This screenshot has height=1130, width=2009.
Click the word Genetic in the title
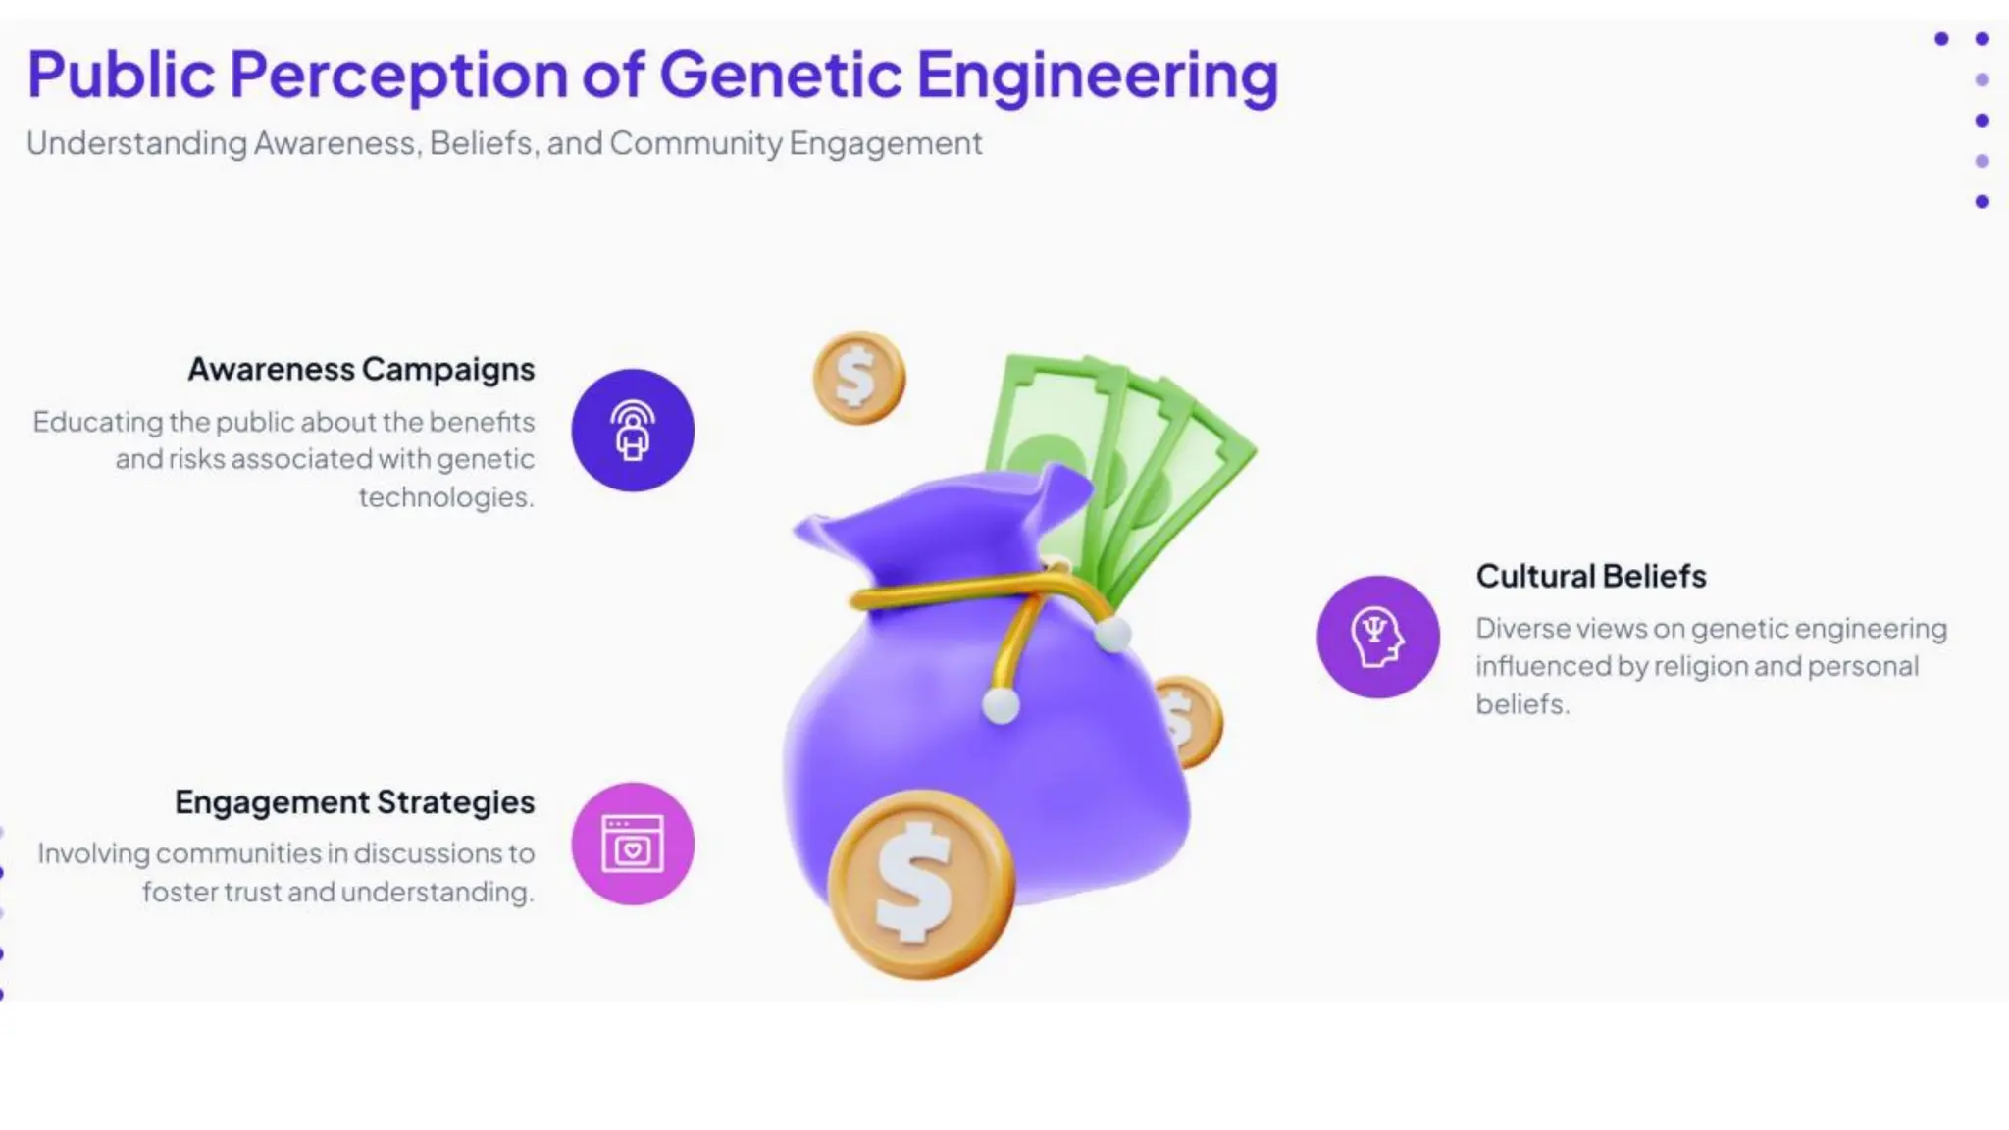click(780, 76)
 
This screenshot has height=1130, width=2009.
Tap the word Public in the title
click(121, 76)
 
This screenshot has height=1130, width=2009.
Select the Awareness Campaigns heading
click(361, 370)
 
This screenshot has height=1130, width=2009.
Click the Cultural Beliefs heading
click(1590, 576)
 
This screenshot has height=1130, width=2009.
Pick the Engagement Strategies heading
click(354, 802)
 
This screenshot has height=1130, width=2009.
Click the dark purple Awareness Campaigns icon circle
click(633, 431)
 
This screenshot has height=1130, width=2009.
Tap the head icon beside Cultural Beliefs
click(1377, 637)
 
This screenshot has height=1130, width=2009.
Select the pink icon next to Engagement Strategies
click(633, 844)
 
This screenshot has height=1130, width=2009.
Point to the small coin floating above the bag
click(858, 378)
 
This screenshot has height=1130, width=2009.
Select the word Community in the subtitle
click(695, 144)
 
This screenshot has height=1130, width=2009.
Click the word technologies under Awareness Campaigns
click(445, 497)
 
